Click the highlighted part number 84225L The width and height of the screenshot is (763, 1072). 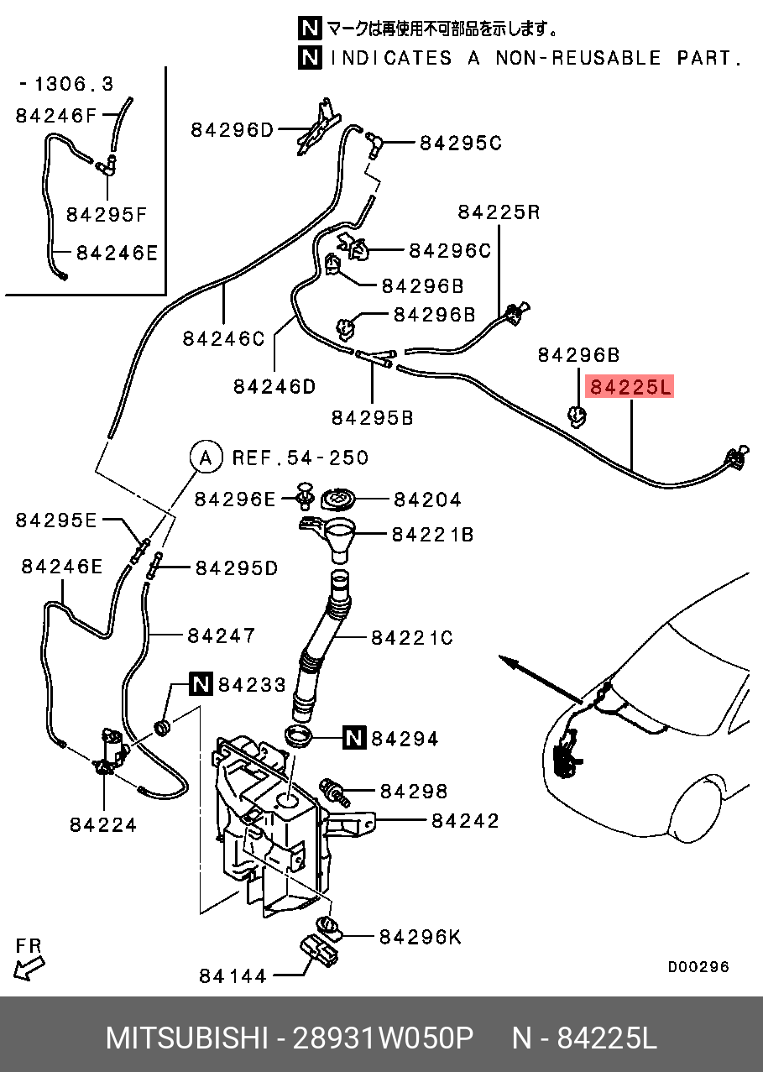click(630, 387)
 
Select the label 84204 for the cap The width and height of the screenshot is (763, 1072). click(427, 499)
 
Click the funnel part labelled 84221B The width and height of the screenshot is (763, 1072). click(336, 537)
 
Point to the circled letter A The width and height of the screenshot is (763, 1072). click(205, 458)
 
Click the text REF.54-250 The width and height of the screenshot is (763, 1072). click(300, 458)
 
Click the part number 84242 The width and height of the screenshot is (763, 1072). click(465, 820)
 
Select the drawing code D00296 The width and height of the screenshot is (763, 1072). click(698, 967)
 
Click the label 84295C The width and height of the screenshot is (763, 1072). click(460, 143)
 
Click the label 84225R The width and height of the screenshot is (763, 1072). click(499, 212)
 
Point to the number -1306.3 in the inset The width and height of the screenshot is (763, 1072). click(66, 84)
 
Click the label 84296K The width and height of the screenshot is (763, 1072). click(420, 936)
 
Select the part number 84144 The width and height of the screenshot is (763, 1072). click(233, 975)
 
